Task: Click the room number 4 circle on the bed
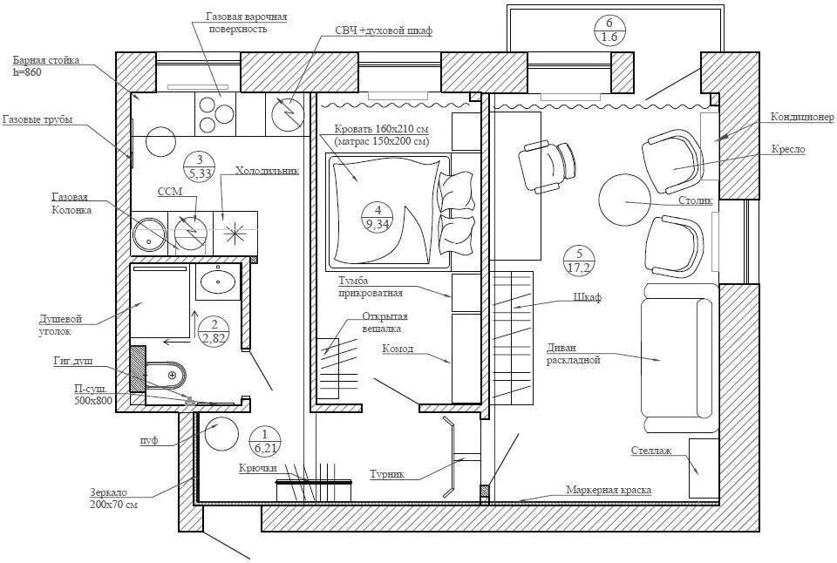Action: click(378, 216)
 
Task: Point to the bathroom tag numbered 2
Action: click(213, 331)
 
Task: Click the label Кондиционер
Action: click(801, 117)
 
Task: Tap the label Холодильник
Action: click(267, 171)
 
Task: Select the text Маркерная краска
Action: click(608, 490)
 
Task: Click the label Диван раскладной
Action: click(574, 354)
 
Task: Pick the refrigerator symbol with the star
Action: click(234, 232)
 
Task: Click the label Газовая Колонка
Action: click(70, 204)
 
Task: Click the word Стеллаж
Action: click(651, 451)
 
